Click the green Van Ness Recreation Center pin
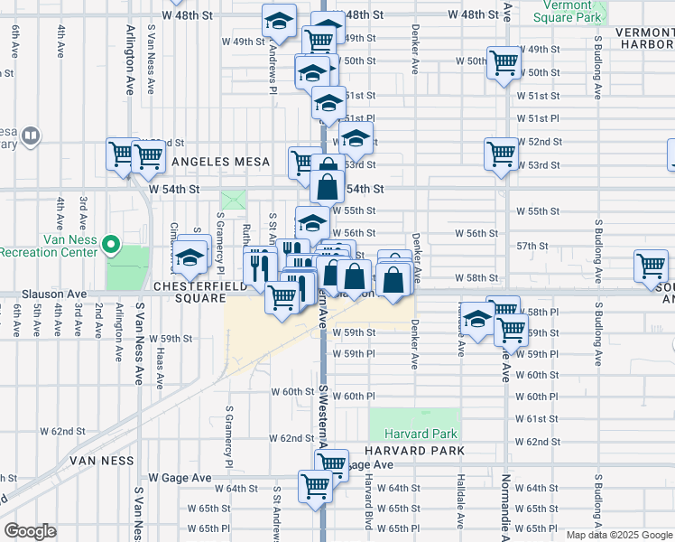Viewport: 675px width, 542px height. click(x=111, y=244)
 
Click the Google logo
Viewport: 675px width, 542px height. click(x=30, y=531)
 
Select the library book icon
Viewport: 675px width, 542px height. click(x=31, y=136)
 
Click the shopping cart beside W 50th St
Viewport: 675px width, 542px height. click(x=504, y=61)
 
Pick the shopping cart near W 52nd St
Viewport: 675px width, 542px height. click(x=501, y=152)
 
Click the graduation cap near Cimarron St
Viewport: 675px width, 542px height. click(x=190, y=257)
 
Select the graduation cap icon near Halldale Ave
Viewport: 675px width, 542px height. click(x=478, y=318)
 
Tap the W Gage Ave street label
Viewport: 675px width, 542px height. click(x=180, y=477)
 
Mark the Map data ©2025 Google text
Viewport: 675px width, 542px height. click(x=619, y=535)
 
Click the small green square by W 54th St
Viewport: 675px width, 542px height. click(x=233, y=199)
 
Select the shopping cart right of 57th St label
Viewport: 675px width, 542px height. click(x=650, y=266)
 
